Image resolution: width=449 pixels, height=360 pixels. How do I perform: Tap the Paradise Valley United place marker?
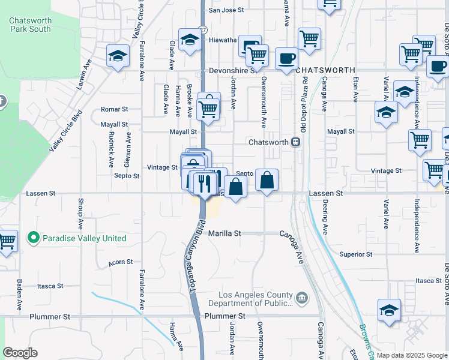point(34,238)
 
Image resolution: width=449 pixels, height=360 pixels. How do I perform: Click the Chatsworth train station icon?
point(295,142)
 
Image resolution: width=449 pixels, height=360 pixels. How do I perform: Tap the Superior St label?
point(356,254)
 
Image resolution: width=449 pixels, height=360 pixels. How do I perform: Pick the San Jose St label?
point(226,10)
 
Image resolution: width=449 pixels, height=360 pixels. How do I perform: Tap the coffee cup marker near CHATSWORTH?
point(286,59)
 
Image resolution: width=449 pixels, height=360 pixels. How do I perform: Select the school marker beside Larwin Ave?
point(118,56)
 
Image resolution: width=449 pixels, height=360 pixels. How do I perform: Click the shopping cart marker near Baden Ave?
point(7,241)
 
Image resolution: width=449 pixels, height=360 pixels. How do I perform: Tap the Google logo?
point(20,353)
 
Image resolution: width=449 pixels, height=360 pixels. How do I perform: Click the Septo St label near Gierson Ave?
point(127,176)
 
